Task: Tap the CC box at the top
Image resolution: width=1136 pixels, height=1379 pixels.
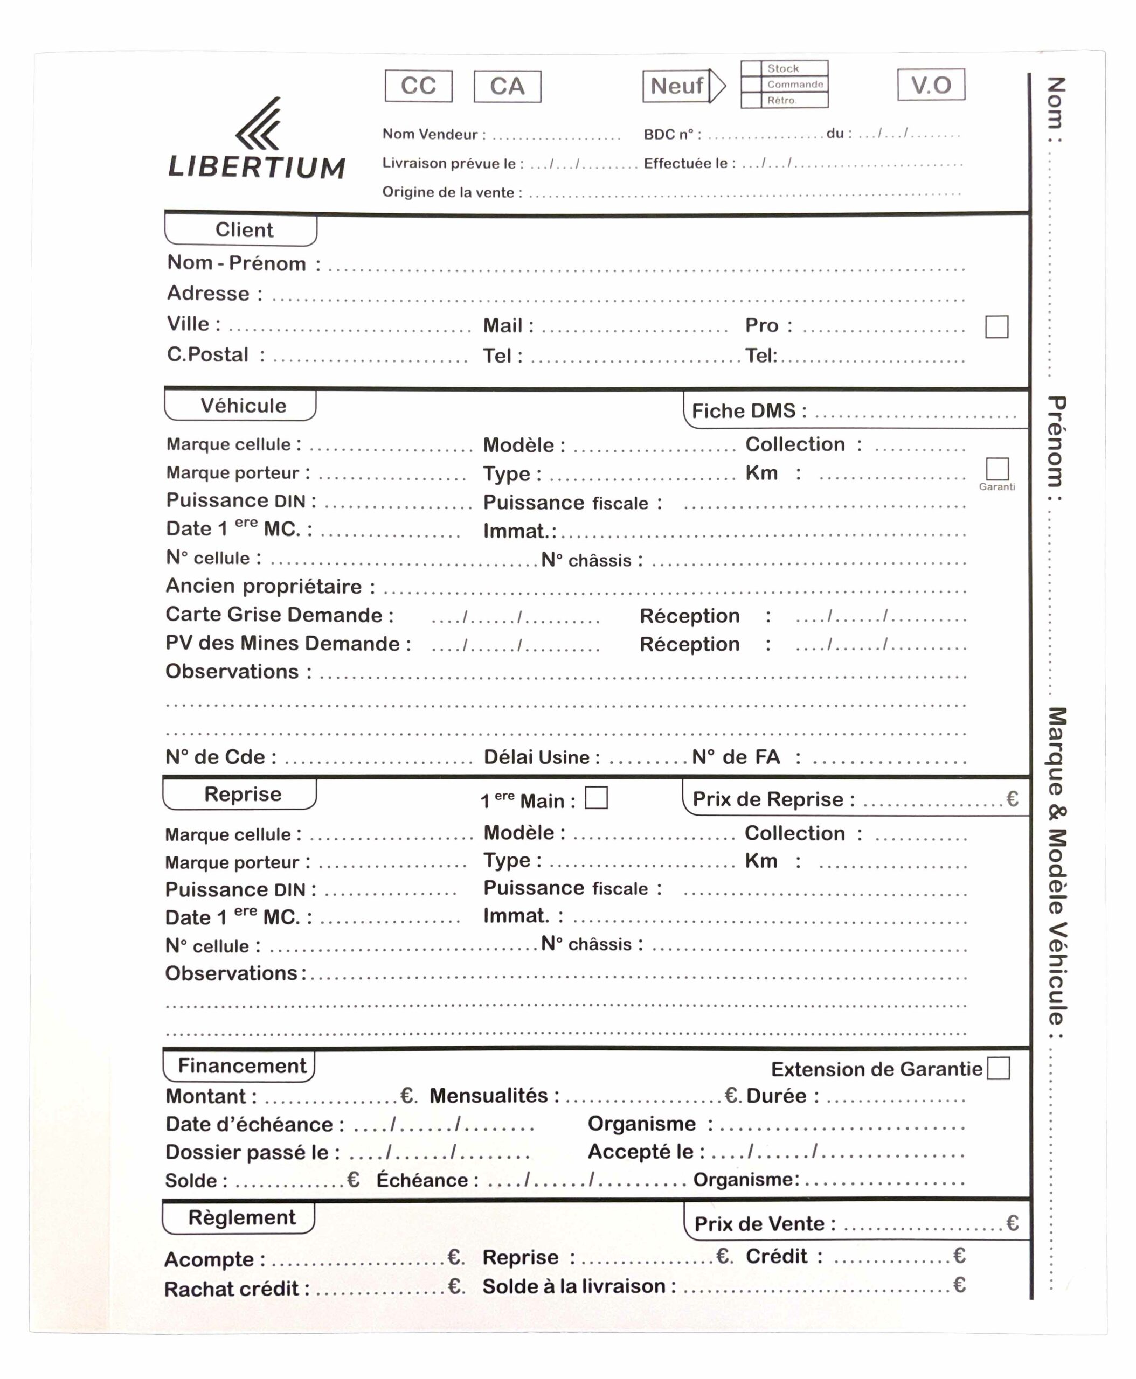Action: pos(418,86)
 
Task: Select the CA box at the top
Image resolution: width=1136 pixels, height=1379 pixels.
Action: pos(507,86)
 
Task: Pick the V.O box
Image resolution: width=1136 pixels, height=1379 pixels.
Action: pos(931,85)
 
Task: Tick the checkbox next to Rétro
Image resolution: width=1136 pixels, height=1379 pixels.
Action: pos(751,101)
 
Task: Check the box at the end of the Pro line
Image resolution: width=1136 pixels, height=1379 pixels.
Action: pos(996,326)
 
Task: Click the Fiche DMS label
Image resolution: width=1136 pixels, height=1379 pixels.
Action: pos(749,411)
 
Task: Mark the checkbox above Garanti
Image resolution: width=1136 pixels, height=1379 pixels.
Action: pos(996,469)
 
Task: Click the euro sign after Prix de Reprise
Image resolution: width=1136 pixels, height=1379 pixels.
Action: pos(1012,799)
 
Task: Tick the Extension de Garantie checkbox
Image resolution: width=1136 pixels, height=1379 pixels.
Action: pos(998,1069)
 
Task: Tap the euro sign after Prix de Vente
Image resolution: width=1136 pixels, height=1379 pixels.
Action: pos(1012,1223)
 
